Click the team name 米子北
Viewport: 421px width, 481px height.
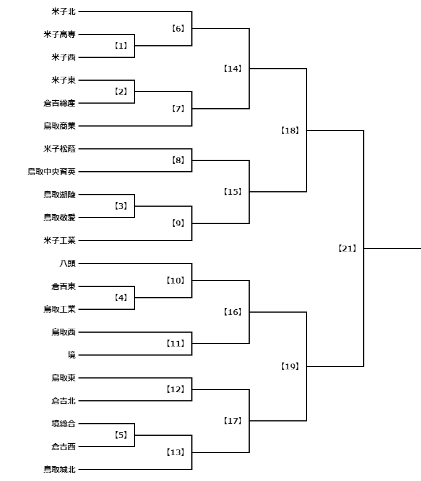click(x=64, y=11)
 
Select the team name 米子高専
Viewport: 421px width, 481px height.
click(x=60, y=34)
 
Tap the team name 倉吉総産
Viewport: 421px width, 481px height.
click(x=60, y=103)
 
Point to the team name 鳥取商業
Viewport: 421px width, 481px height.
click(x=60, y=126)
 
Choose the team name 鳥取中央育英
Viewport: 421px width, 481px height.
click(x=52, y=172)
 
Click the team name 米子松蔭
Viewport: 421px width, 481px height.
click(x=60, y=149)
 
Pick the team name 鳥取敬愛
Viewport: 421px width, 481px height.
click(x=60, y=218)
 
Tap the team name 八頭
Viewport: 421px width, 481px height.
click(x=68, y=263)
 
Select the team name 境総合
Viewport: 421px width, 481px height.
click(x=64, y=424)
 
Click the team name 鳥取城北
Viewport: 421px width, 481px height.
click(x=60, y=470)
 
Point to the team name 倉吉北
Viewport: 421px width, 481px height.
click(x=64, y=401)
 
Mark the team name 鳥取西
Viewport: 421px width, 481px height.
click(x=64, y=332)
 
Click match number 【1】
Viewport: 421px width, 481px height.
click(x=121, y=46)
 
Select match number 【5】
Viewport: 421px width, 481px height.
click(x=121, y=435)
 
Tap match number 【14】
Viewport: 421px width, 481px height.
click(x=233, y=69)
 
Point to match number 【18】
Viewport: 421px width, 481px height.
click(x=290, y=131)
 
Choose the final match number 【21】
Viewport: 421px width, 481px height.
click(x=347, y=249)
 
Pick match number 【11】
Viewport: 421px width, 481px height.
click(x=175, y=344)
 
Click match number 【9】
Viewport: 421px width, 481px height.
click(x=178, y=223)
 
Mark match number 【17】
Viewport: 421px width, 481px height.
click(x=233, y=421)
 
